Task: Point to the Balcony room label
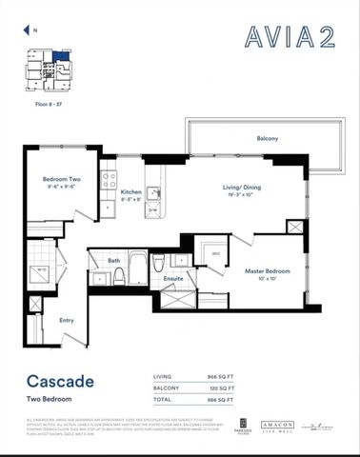[x=268, y=139]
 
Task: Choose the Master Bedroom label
[x=267, y=271]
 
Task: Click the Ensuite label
[x=173, y=278]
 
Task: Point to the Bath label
[x=113, y=260]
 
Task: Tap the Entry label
[x=67, y=320]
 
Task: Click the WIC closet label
[x=215, y=253]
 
